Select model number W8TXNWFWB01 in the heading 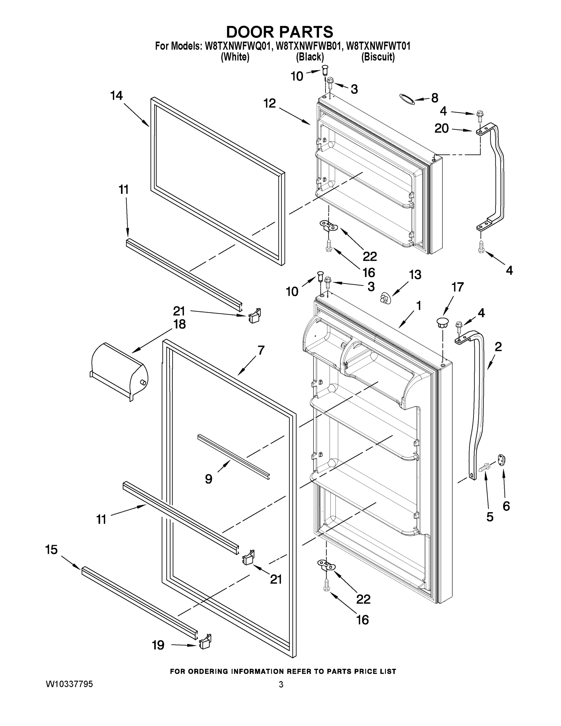click(x=309, y=46)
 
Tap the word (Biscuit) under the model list click(x=378, y=57)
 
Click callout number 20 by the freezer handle click(x=442, y=128)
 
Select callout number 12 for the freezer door click(x=269, y=103)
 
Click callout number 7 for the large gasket click(x=261, y=350)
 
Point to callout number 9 click(x=208, y=479)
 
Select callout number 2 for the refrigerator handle click(x=498, y=347)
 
